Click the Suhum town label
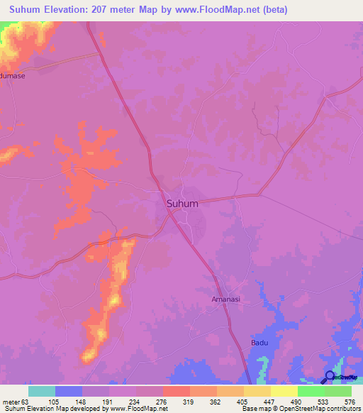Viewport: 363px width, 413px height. click(182, 204)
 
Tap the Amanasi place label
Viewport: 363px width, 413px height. click(226, 299)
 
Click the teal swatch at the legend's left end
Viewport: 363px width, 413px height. click(42, 391)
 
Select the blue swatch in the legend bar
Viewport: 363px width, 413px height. click(69, 391)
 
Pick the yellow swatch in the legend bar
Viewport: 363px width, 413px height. click(284, 391)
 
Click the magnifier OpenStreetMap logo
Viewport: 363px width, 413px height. click(330, 377)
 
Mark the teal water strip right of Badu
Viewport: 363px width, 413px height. click(262, 368)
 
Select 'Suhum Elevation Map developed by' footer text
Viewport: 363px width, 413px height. click(50, 409)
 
